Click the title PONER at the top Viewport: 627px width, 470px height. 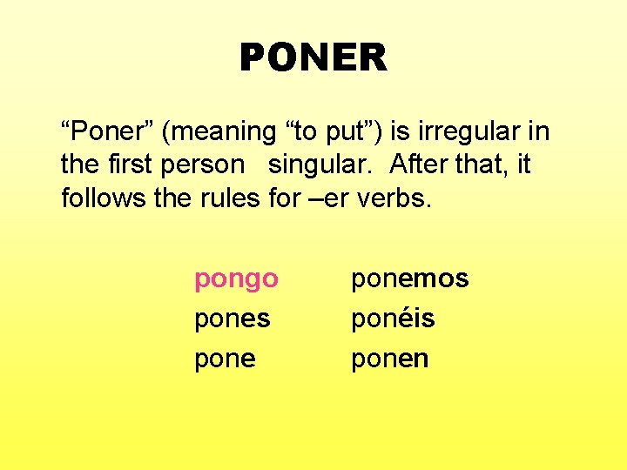pyautogui.click(x=313, y=58)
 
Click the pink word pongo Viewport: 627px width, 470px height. pyautogui.click(x=236, y=280)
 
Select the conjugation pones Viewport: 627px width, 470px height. pyautogui.click(x=232, y=319)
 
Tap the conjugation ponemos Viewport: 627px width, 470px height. pyautogui.click(x=409, y=279)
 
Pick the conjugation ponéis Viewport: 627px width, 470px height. pyautogui.click(x=392, y=319)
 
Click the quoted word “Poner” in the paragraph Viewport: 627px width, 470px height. pyautogui.click(x=107, y=132)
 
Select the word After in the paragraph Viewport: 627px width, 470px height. pyautogui.click(x=418, y=165)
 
